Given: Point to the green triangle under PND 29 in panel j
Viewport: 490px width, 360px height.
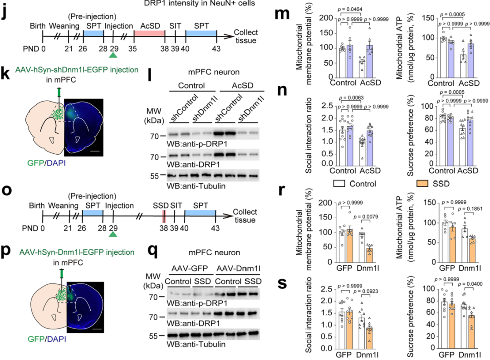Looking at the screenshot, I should pos(113,55).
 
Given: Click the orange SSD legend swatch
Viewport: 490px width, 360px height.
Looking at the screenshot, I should pos(424,185).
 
